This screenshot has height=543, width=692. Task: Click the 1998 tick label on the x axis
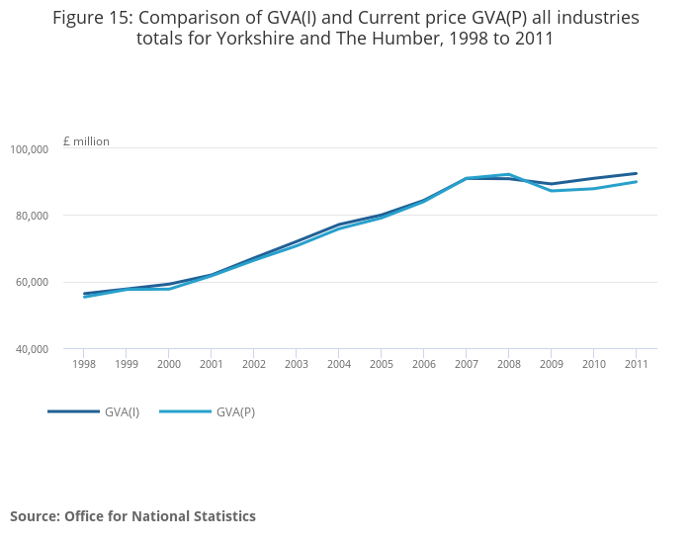pyautogui.click(x=83, y=364)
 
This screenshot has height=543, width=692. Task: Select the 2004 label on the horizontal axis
pyautogui.click(x=338, y=364)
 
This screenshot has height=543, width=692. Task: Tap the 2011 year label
pyautogui.click(x=636, y=364)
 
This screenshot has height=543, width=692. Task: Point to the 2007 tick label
pyautogui.click(x=466, y=364)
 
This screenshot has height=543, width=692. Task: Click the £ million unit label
pyautogui.click(x=86, y=141)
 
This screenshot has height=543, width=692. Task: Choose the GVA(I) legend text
pyautogui.click(x=122, y=411)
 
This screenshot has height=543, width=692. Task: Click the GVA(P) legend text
pyautogui.click(x=235, y=411)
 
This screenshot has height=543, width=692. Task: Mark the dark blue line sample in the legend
pyautogui.click(x=73, y=411)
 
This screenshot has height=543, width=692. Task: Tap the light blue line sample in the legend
pyautogui.click(x=185, y=411)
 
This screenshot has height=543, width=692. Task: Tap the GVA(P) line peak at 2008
pyautogui.click(x=508, y=174)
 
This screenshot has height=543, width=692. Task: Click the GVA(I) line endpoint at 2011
pyautogui.click(x=636, y=173)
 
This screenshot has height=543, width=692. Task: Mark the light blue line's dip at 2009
pyautogui.click(x=551, y=190)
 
